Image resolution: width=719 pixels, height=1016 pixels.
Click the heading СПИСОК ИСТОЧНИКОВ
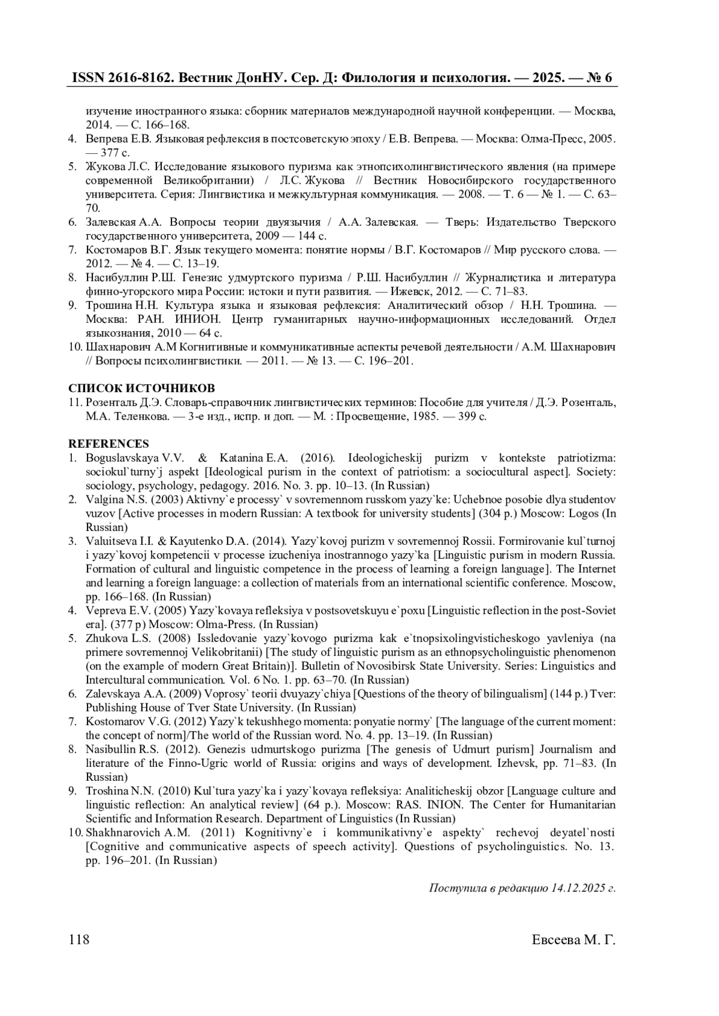[x=141, y=388]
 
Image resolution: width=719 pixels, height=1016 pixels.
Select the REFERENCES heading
[x=108, y=444]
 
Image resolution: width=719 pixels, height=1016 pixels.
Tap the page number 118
[x=79, y=939]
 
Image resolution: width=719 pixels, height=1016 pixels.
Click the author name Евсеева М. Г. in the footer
[x=573, y=939]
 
